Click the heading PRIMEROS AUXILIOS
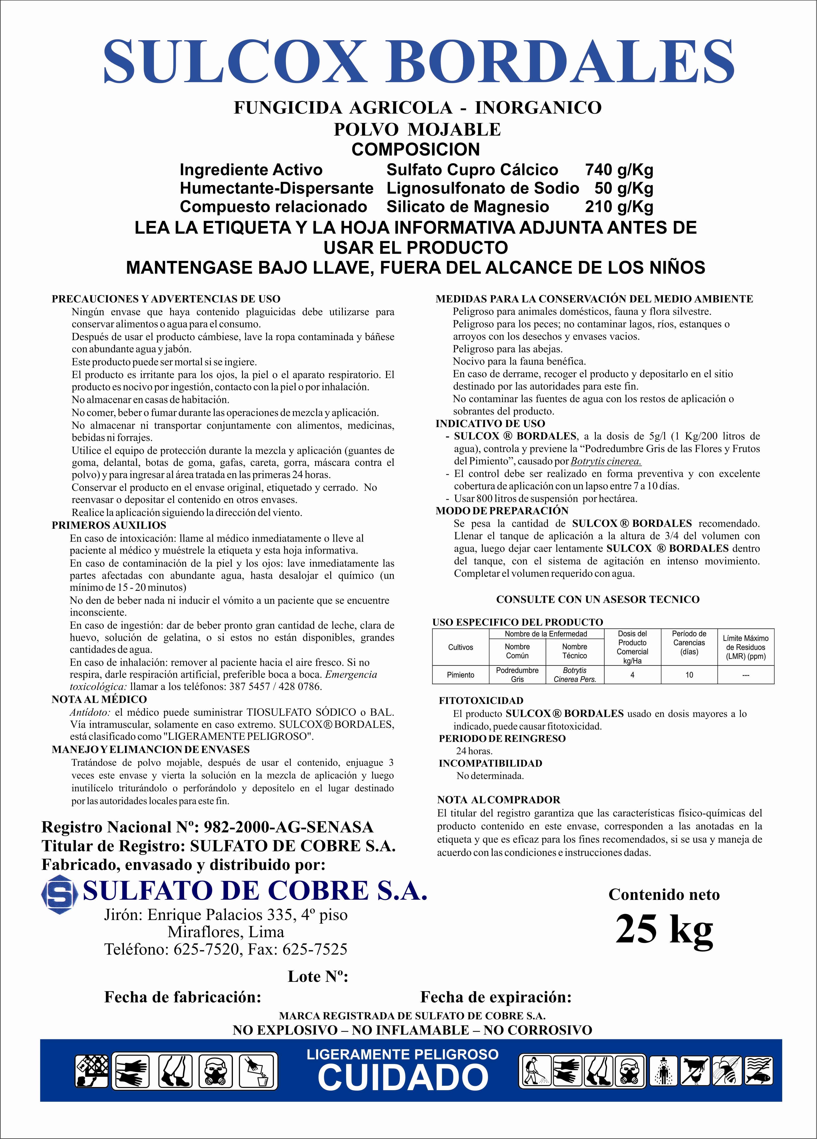109,525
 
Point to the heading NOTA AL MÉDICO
99,699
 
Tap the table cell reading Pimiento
460,675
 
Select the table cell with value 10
689,675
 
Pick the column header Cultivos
460,647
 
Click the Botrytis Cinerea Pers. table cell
575,675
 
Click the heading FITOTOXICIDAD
481,701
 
